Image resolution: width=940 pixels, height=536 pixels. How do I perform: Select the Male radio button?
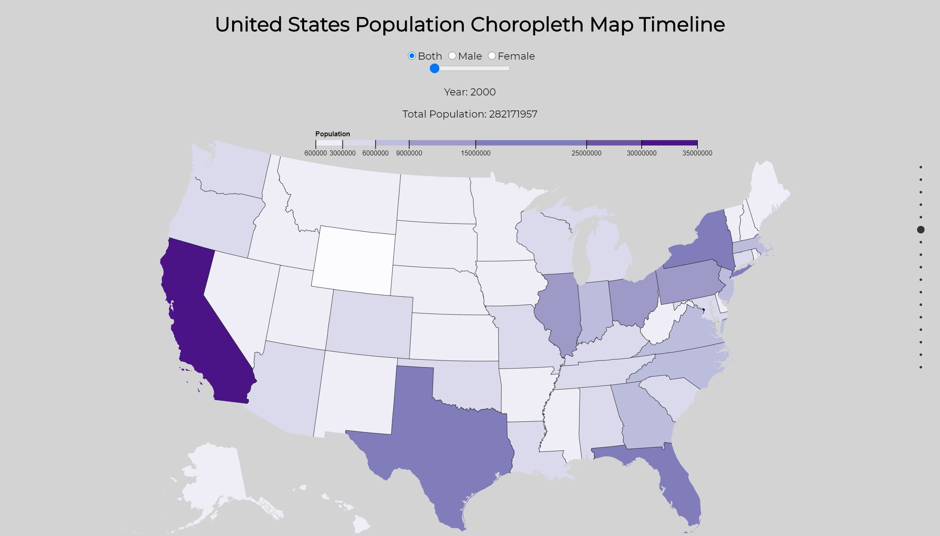(x=452, y=56)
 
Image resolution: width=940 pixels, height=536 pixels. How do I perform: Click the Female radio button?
(x=492, y=56)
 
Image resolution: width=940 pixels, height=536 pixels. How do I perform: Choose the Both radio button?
(x=412, y=56)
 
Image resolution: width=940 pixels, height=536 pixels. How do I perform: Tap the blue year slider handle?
(x=435, y=68)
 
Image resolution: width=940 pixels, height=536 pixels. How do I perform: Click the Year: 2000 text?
(x=470, y=92)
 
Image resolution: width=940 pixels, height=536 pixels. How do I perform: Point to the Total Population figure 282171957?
(x=513, y=114)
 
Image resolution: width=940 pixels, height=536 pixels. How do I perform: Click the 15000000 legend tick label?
(x=475, y=153)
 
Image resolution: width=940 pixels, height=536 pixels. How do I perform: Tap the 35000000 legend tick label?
(x=697, y=153)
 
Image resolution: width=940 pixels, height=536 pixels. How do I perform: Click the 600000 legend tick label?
(x=315, y=153)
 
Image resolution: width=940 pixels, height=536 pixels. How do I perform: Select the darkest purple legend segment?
(x=669, y=143)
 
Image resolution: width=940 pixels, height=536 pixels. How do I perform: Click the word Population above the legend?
(x=332, y=134)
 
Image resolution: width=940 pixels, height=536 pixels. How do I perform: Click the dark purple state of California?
(x=200, y=325)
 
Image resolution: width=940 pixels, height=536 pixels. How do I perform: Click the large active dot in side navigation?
(x=921, y=230)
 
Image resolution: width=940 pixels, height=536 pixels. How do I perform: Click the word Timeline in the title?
(x=682, y=25)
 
